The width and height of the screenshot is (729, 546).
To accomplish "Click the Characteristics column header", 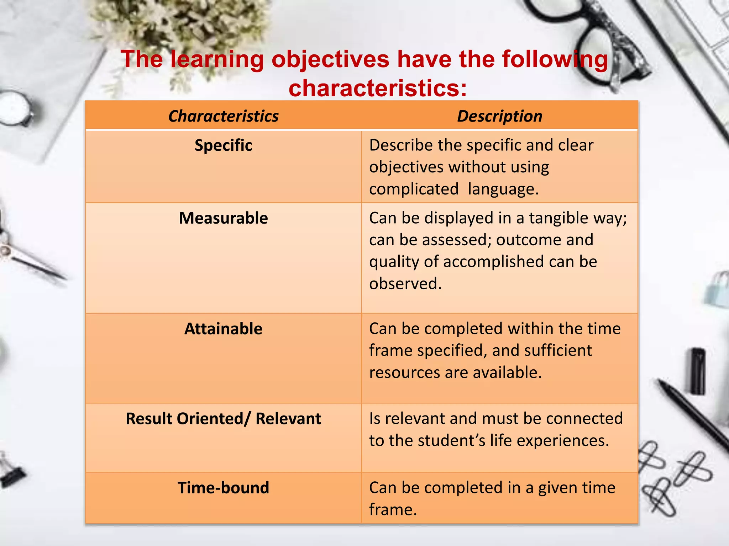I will pyautogui.click(x=223, y=116).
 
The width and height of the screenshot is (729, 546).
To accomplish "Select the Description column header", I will pyautogui.click(x=499, y=116).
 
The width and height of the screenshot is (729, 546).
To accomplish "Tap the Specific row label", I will pyautogui.click(x=223, y=145).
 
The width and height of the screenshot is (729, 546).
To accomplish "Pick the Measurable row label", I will pyautogui.click(x=223, y=218).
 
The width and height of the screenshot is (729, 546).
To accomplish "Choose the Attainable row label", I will pyautogui.click(x=223, y=329).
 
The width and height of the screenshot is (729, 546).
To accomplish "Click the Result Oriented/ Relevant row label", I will pyautogui.click(x=223, y=419).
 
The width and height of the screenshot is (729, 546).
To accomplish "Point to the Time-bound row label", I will pyautogui.click(x=223, y=488).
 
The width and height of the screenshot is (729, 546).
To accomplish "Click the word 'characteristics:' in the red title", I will pyautogui.click(x=377, y=88).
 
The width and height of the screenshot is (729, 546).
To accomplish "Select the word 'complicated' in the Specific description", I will pyautogui.click(x=414, y=189).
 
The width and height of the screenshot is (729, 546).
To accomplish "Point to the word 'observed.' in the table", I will pyautogui.click(x=405, y=284).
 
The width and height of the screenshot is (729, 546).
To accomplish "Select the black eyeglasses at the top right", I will pyautogui.click(x=584, y=39).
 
